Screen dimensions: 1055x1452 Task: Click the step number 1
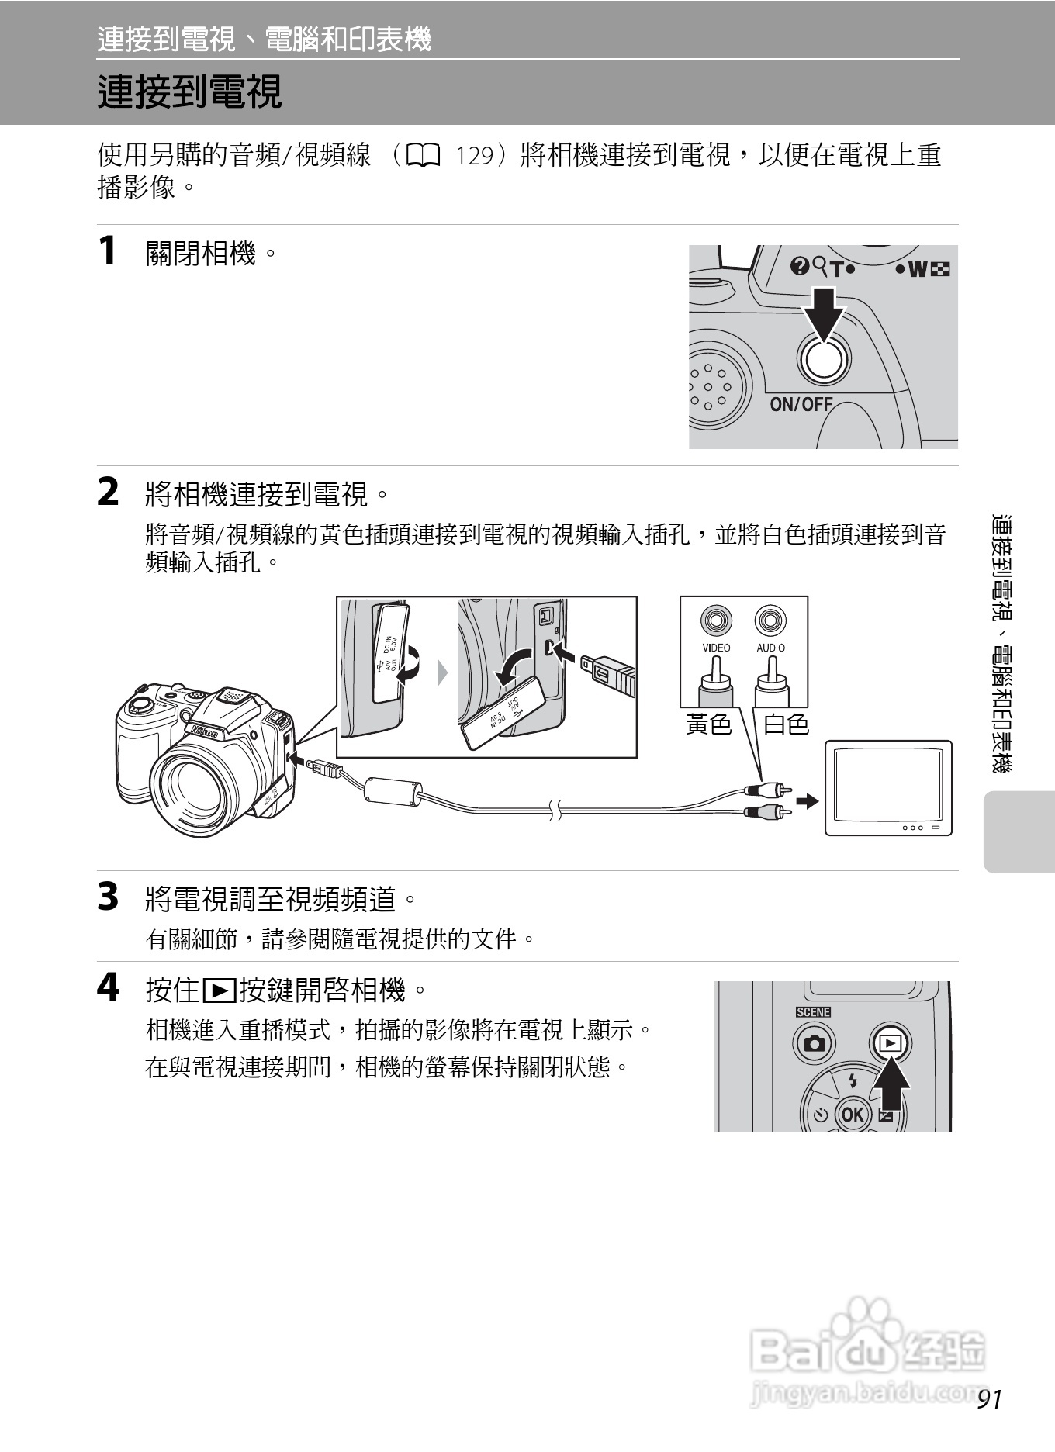tap(108, 251)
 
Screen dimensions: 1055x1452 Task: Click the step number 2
tap(108, 493)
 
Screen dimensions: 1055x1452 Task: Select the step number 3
tap(108, 897)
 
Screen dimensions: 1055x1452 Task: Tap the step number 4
tap(109, 987)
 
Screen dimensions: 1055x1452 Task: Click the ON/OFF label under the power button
tap(801, 404)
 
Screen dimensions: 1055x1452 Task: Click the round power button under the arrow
tap(824, 359)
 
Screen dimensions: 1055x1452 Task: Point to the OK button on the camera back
tap(852, 1115)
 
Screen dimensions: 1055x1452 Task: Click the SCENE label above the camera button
tap(813, 1012)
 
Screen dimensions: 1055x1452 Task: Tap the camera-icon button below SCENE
tap(814, 1043)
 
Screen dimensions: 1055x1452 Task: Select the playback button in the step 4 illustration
tap(889, 1043)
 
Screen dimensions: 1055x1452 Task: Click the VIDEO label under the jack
tap(716, 648)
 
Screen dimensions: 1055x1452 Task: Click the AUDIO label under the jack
tap(770, 648)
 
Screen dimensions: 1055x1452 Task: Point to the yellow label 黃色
tap(709, 724)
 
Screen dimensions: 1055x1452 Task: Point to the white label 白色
tap(787, 724)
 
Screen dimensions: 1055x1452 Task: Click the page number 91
tap(991, 1399)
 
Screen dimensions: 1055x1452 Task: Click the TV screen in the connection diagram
tap(888, 784)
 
